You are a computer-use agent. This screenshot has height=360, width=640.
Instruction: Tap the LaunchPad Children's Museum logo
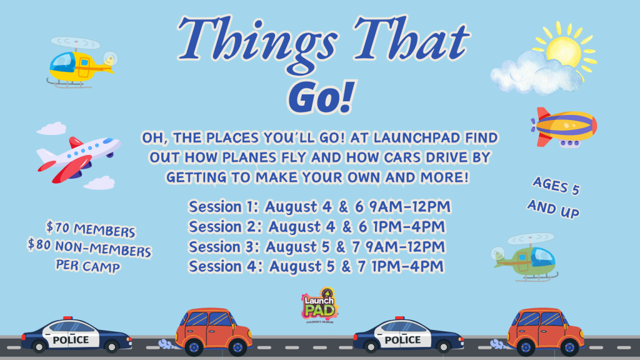tap(320, 305)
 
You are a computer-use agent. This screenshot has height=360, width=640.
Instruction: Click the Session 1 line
tap(319, 207)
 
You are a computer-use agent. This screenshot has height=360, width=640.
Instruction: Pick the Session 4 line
tap(316, 266)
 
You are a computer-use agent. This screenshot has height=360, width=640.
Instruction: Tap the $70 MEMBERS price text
tap(90, 229)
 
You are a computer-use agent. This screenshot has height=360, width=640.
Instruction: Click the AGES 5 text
tap(556, 186)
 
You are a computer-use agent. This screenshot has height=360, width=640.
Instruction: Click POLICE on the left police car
tap(71, 340)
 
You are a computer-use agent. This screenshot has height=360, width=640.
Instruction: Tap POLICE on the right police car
tap(402, 340)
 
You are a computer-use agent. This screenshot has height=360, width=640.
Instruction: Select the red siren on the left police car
tap(67, 317)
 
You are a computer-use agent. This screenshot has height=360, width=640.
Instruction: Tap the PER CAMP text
tap(88, 266)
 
